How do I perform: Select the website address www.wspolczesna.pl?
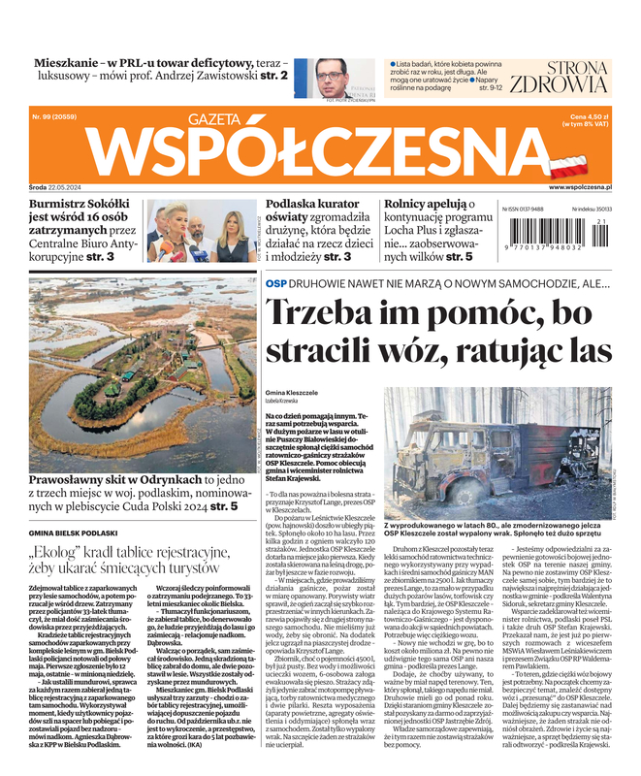pyautogui.click(x=579, y=186)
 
